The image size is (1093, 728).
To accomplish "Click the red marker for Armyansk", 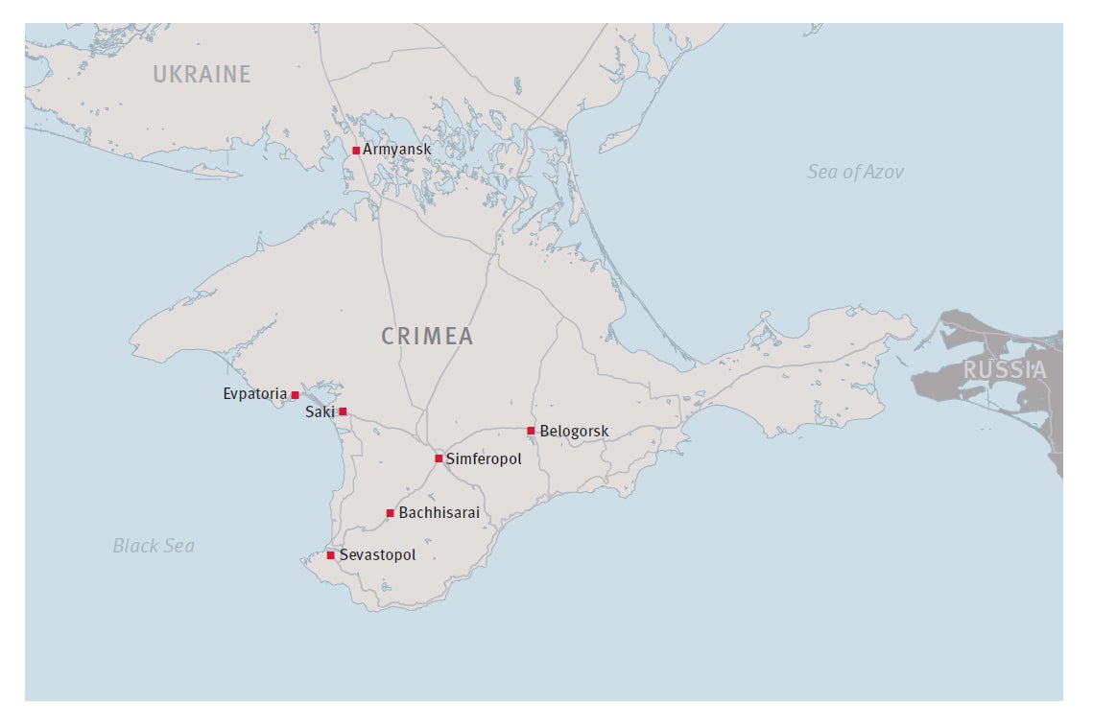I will (356, 151).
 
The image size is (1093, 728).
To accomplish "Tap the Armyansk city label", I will (397, 150).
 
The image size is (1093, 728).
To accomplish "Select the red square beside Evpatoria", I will (295, 395).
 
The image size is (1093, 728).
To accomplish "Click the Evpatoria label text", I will (254, 394).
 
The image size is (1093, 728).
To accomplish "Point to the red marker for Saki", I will (343, 411).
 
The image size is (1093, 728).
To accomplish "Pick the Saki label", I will (320, 411).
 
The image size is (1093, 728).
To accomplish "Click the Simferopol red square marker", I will (439, 458).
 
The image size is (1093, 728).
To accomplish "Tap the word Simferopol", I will (484, 459).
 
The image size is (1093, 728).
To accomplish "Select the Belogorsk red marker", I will (531, 431).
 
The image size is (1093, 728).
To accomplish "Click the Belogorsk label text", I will (574, 432).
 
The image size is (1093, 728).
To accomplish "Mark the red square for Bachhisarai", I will (390, 513).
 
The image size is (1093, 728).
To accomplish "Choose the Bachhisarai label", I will (439, 513).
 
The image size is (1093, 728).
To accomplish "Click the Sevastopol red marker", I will (331, 555).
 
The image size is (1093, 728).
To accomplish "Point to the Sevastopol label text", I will (378, 555).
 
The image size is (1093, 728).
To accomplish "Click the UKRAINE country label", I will (202, 74).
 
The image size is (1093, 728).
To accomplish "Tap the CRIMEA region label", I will (427, 336).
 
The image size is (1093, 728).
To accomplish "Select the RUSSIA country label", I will (1005, 369).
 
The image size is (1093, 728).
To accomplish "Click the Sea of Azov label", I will (854, 172).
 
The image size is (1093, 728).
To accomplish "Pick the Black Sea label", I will (154, 546).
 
